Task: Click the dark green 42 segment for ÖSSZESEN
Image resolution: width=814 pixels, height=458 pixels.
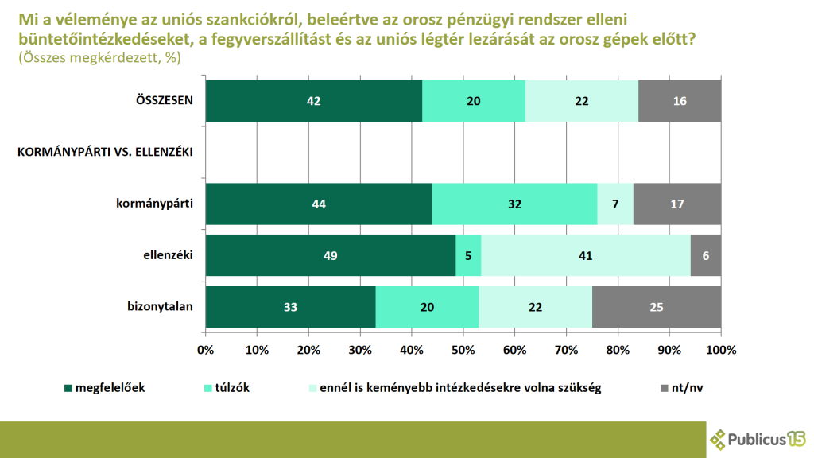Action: tap(313, 101)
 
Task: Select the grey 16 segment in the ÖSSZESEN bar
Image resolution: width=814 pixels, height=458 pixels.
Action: tap(680, 101)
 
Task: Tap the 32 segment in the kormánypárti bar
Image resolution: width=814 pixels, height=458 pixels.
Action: tap(514, 204)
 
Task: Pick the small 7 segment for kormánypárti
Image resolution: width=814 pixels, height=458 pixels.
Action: tap(615, 204)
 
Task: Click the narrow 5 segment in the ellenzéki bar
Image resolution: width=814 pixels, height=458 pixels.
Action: tap(468, 255)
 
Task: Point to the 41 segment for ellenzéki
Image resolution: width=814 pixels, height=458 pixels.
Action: tap(586, 255)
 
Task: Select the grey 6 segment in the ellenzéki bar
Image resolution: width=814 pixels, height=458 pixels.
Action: tap(706, 255)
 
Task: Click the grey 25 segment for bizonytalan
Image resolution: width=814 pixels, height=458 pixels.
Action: tap(657, 307)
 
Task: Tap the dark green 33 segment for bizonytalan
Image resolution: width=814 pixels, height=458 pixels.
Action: tap(290, 307)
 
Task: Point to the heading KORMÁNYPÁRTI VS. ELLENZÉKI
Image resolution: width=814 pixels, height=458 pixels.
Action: tap(107, 152)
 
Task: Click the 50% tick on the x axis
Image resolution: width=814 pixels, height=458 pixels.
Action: tap(463, 350)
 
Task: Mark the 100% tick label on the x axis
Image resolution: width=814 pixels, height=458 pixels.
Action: tap(720, 350)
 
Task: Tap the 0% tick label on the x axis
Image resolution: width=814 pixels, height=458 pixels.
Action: tap(206, 350)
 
